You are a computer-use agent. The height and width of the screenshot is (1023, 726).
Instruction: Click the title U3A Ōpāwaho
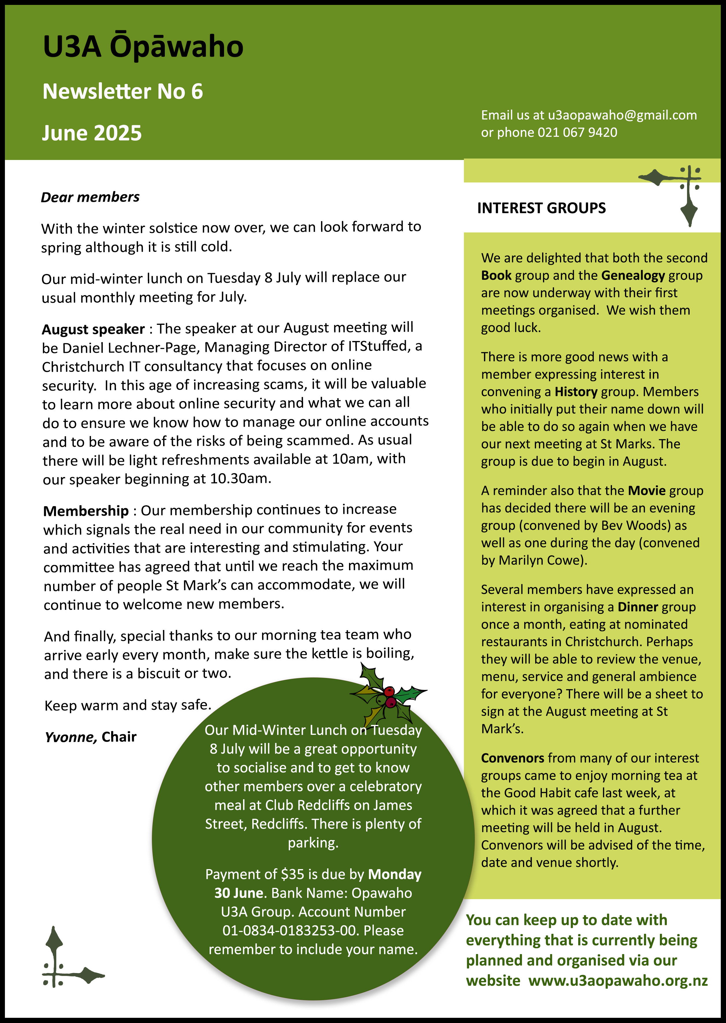pyautogui.click(x=143, y=47)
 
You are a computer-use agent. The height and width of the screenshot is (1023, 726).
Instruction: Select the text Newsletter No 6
pyautogui.click(x=122, y=92)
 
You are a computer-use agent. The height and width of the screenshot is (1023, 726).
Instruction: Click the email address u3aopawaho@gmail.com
pyautogui.click(x=622, y=115)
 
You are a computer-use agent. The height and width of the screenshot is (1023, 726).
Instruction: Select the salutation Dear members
pyautogui.click(x=90, y=197)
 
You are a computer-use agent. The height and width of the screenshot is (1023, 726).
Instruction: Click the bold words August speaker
pyautogui.click(x=93, y=329)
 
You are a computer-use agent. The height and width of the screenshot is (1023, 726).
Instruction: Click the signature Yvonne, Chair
pyautogui.click(x=90, y=737)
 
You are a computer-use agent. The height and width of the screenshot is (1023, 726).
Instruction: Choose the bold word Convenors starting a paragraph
pyautogui.click(x=512, y=758)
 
